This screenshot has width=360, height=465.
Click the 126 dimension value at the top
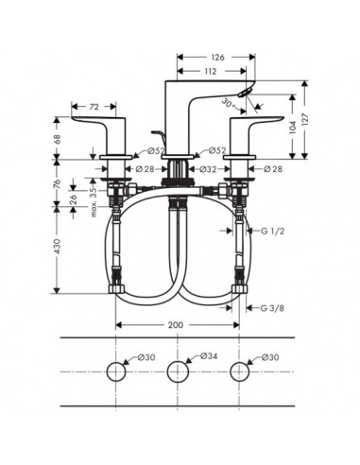tap(217, 57)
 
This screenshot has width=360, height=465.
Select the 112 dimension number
tap(211, 71)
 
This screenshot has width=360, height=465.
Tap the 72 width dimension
tap(94, 107)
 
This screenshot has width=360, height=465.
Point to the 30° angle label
tap(227, 103)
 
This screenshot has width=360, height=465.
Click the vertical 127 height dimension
tap(305, 119)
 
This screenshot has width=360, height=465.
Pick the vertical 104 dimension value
tap(293, 127)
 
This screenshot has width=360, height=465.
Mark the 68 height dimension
tap(57, 138)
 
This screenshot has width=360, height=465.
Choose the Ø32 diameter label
tap(208, 169)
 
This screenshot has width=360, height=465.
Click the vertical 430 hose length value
tap(57, 247)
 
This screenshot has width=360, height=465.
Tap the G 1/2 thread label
tap(273, 232)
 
